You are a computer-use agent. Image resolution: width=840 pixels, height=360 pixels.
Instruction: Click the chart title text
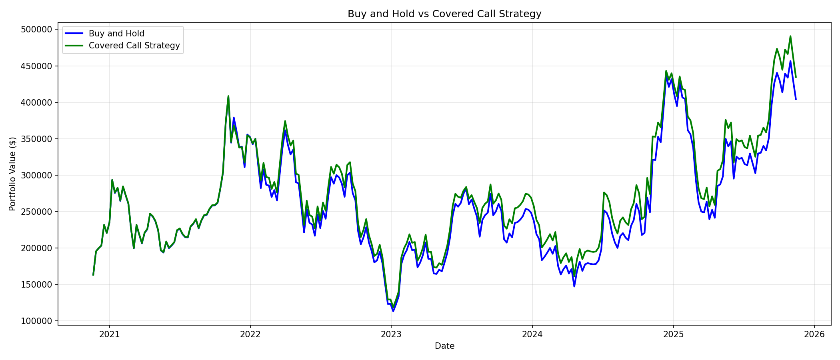coord(444,14)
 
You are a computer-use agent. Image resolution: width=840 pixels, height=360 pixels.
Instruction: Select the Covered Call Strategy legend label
coord(134,46)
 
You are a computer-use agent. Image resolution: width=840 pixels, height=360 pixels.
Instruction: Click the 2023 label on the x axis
coord(391,334)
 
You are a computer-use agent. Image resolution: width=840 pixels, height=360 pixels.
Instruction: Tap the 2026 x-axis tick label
coord(814,334)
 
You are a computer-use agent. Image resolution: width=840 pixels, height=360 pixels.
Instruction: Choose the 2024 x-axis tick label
coord(532,334)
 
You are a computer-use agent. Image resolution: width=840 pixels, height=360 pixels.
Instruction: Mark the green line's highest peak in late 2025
coord(790,36)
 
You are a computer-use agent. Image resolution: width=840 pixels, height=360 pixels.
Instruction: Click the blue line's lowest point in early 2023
coord(393,311)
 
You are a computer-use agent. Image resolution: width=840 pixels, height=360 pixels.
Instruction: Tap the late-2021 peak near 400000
coord(228,96)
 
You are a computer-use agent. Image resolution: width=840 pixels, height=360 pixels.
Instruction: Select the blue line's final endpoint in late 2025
coord(796,99)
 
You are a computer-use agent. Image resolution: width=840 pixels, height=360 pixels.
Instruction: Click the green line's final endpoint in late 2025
coord(796,77)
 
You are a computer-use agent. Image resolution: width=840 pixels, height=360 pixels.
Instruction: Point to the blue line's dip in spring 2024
coord(574,286)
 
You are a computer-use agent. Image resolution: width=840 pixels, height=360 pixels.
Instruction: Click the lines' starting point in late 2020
coord(93,275)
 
